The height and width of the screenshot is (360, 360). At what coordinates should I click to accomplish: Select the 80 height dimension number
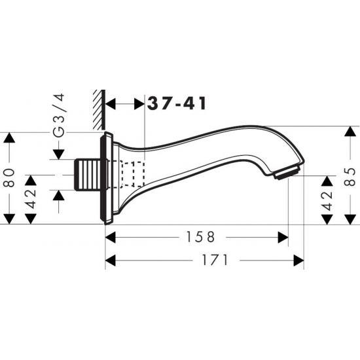pyautogui.click(x=9, y=177)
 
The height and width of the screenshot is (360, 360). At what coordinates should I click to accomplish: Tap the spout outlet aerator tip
pyautogui.click(x=288, y=173)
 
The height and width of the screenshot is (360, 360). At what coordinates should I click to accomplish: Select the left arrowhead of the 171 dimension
pyautogui.click(x=111, y=260)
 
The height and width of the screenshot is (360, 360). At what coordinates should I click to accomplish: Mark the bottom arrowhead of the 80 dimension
pyautogui.click(x=9, y=219)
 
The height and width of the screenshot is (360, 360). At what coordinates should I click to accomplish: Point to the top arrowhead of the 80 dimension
pyautogui.click(x=9, y=138)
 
